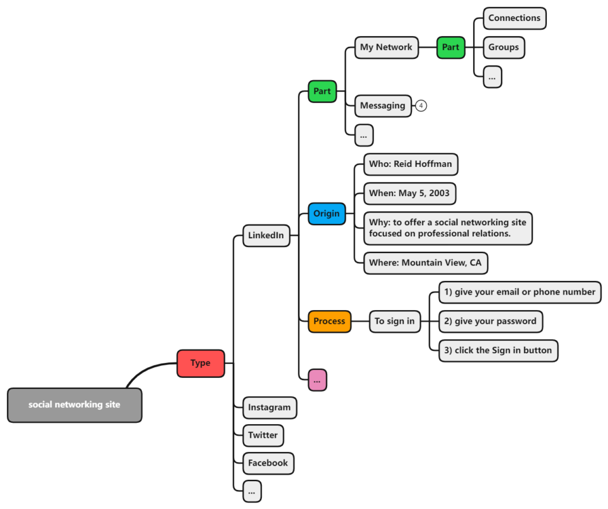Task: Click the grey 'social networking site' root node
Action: click(x=74, y=405)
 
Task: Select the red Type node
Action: click(x=201, y=363)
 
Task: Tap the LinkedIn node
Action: click(x=266, y=235)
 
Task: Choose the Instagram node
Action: click(x=270, y=408)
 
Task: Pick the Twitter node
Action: click(x=263, y=436)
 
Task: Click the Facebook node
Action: click(x=268, y=464)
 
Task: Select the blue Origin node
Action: click(x=327, y=214)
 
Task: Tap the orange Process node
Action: click(x=329, y=321)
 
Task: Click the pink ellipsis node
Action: click(x=317, y=380)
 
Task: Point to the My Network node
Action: click(x=386, y=48)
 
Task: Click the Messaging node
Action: click(x=383, y=106)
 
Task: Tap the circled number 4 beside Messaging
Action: click(x=421, y=106)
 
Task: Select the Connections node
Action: click(x=515, y=18)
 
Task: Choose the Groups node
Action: click(x=503, y=48)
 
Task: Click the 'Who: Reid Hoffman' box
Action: click(x=411, y=164)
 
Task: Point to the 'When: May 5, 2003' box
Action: click(x=410, y=194)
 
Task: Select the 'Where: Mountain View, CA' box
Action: click(x=425, y=263)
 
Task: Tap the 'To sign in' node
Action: click(x=395, y=321)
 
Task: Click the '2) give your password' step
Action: click(x=490, y=321)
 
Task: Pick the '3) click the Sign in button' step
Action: click(x=498, y=350)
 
